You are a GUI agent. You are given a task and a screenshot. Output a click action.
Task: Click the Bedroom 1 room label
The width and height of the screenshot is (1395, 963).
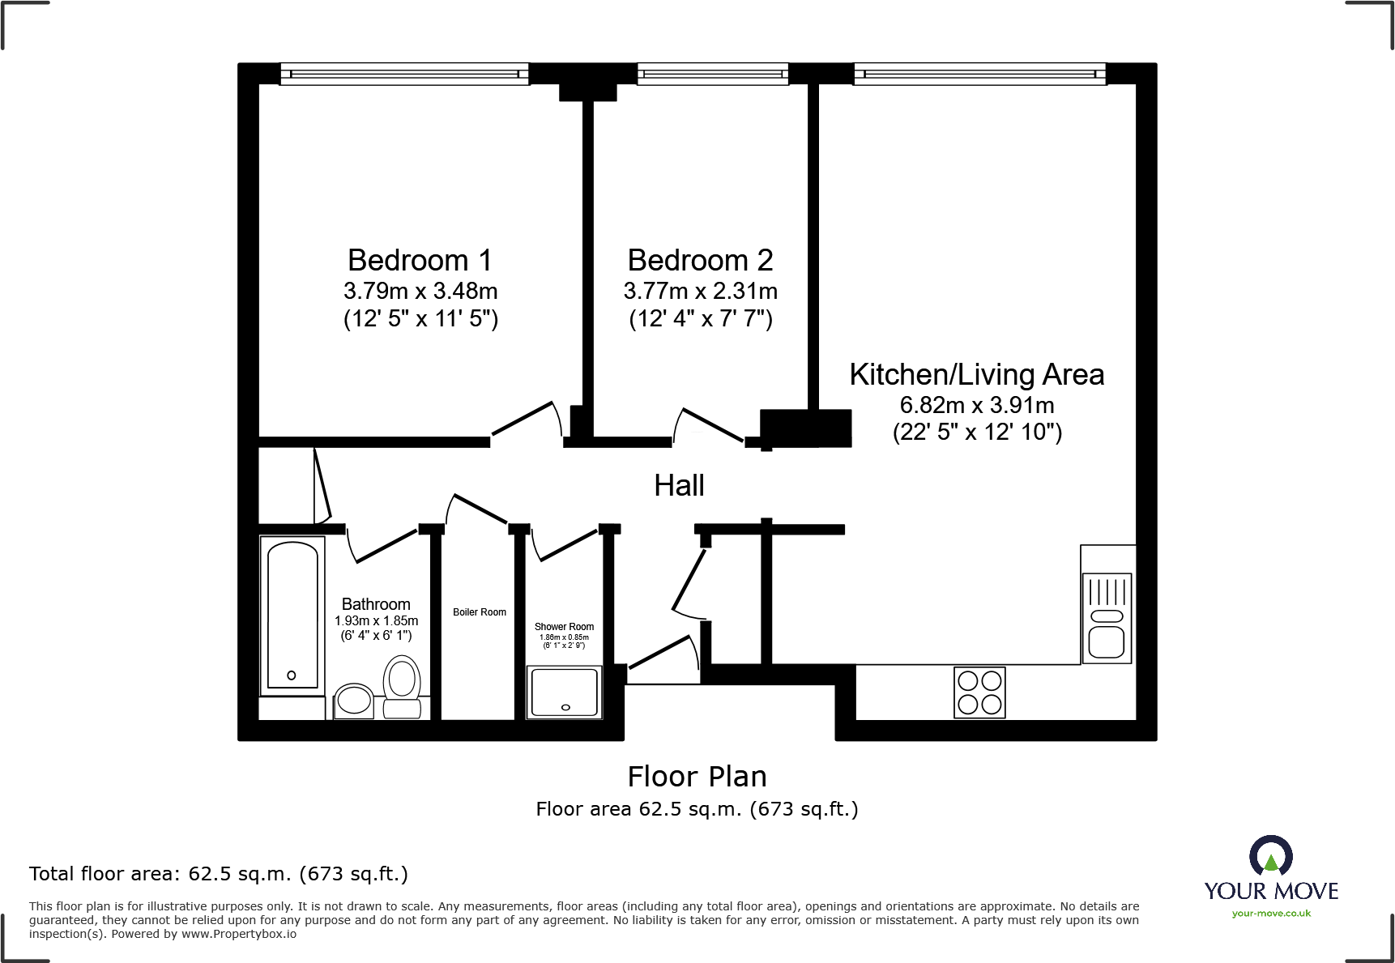pyautogui.click(x=420, y=261)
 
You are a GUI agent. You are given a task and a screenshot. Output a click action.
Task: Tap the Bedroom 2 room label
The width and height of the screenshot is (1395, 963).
pyautogui.click(x=700, y=261)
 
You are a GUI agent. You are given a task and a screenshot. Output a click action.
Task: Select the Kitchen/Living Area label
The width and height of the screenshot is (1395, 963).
pyautogui.click(x=976, y=375)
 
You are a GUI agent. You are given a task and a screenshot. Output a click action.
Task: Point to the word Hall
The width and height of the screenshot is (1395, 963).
pyautogui.click(x=679, y=486)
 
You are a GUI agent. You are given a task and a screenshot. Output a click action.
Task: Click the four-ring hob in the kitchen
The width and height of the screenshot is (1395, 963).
pyautogui.click(x=979, y=692)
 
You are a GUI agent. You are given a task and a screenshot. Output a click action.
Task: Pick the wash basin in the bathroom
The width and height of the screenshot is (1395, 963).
pyautogui.click(x=354, y=701)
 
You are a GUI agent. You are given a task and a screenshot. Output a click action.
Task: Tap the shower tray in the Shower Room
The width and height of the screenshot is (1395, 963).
pyautogui.click(x=565, y=692)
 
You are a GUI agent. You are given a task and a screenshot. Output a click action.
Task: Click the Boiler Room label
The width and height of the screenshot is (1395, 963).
pyautogui.click(x=480, y=612)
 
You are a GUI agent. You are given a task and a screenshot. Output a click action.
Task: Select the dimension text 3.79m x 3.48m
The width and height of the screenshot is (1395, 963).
pyautogui.click(x=420, y=291)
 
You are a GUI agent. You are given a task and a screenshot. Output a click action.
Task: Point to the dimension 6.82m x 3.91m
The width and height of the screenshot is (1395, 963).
pyautogui.click(x=977, y=405)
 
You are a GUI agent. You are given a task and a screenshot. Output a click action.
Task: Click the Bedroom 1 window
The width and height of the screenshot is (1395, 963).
pyautogui.click(x=404, y=75)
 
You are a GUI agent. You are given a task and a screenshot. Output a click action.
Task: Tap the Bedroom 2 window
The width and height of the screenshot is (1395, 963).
pyautogui.click(x=713, y=75)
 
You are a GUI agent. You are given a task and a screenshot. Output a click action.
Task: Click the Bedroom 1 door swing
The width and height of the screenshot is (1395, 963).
pyautogui.click(x=525, y=421)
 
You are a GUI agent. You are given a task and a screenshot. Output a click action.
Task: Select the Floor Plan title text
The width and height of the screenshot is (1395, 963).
pyautogui.click(x=697, y=777)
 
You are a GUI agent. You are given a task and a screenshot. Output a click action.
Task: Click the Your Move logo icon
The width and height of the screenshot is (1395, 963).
pyautogui.click(x=1270, y=857)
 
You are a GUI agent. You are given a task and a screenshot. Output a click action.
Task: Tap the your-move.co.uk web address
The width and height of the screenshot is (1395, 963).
pyautogui.click(x=1271, y=914)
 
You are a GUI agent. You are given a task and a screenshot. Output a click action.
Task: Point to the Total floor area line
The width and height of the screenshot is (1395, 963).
pyautogui.click(x=219, y=874)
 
